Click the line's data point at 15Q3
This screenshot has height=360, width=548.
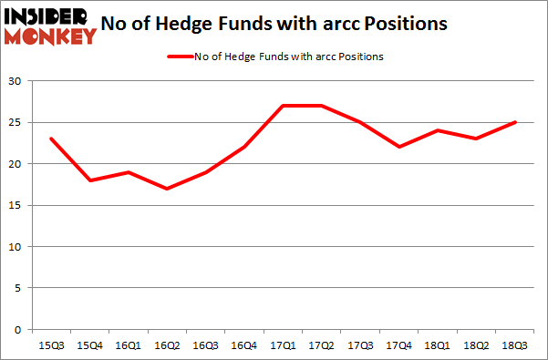click(x=50, y=139)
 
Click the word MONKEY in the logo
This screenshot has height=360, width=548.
click(x=50, y=37)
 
